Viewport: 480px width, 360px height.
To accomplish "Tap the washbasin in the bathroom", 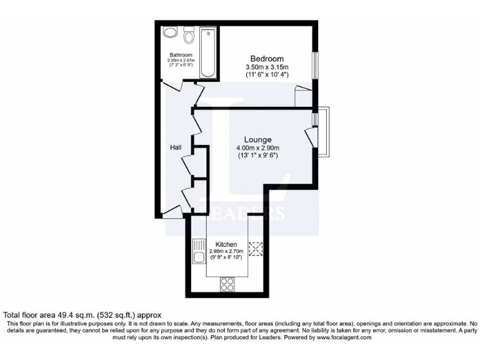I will (x=169, y=33).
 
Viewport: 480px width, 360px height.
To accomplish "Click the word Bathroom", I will (x=180, y=55).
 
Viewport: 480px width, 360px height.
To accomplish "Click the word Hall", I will (x=176, y=147).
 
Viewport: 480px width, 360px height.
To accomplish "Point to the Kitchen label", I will (x=226, y=244).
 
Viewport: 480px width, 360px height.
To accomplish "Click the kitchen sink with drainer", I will (x=199, y=251).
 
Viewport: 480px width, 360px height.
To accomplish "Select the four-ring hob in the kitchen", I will (x=227, y=284).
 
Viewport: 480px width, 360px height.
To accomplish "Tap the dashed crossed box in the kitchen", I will (x=256, y=249).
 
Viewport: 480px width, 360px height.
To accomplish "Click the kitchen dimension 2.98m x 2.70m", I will (x=226, y=251).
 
